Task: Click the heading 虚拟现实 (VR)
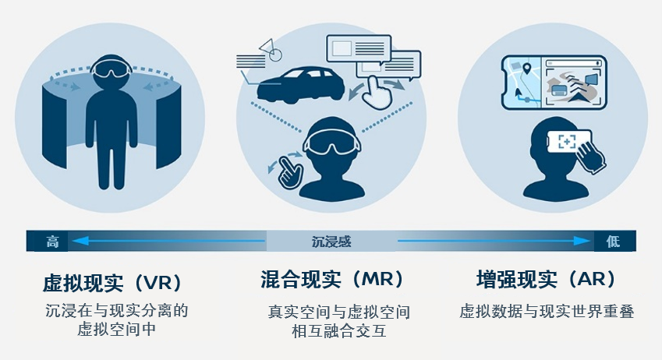pos(112,282)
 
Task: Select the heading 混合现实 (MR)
pos(332,279)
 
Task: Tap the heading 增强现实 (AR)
pos(547,279)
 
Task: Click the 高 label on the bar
pos(52,242)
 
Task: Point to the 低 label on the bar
pos(613,242)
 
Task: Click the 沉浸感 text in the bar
pos(331,242)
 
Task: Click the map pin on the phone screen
pos(526,68)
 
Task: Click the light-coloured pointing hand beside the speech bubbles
pos(377,92)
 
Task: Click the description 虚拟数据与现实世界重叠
pos(547,311)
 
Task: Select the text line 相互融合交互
pos(339,330)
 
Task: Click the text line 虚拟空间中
pos(116,329)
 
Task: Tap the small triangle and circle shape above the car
pos(271,49)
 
